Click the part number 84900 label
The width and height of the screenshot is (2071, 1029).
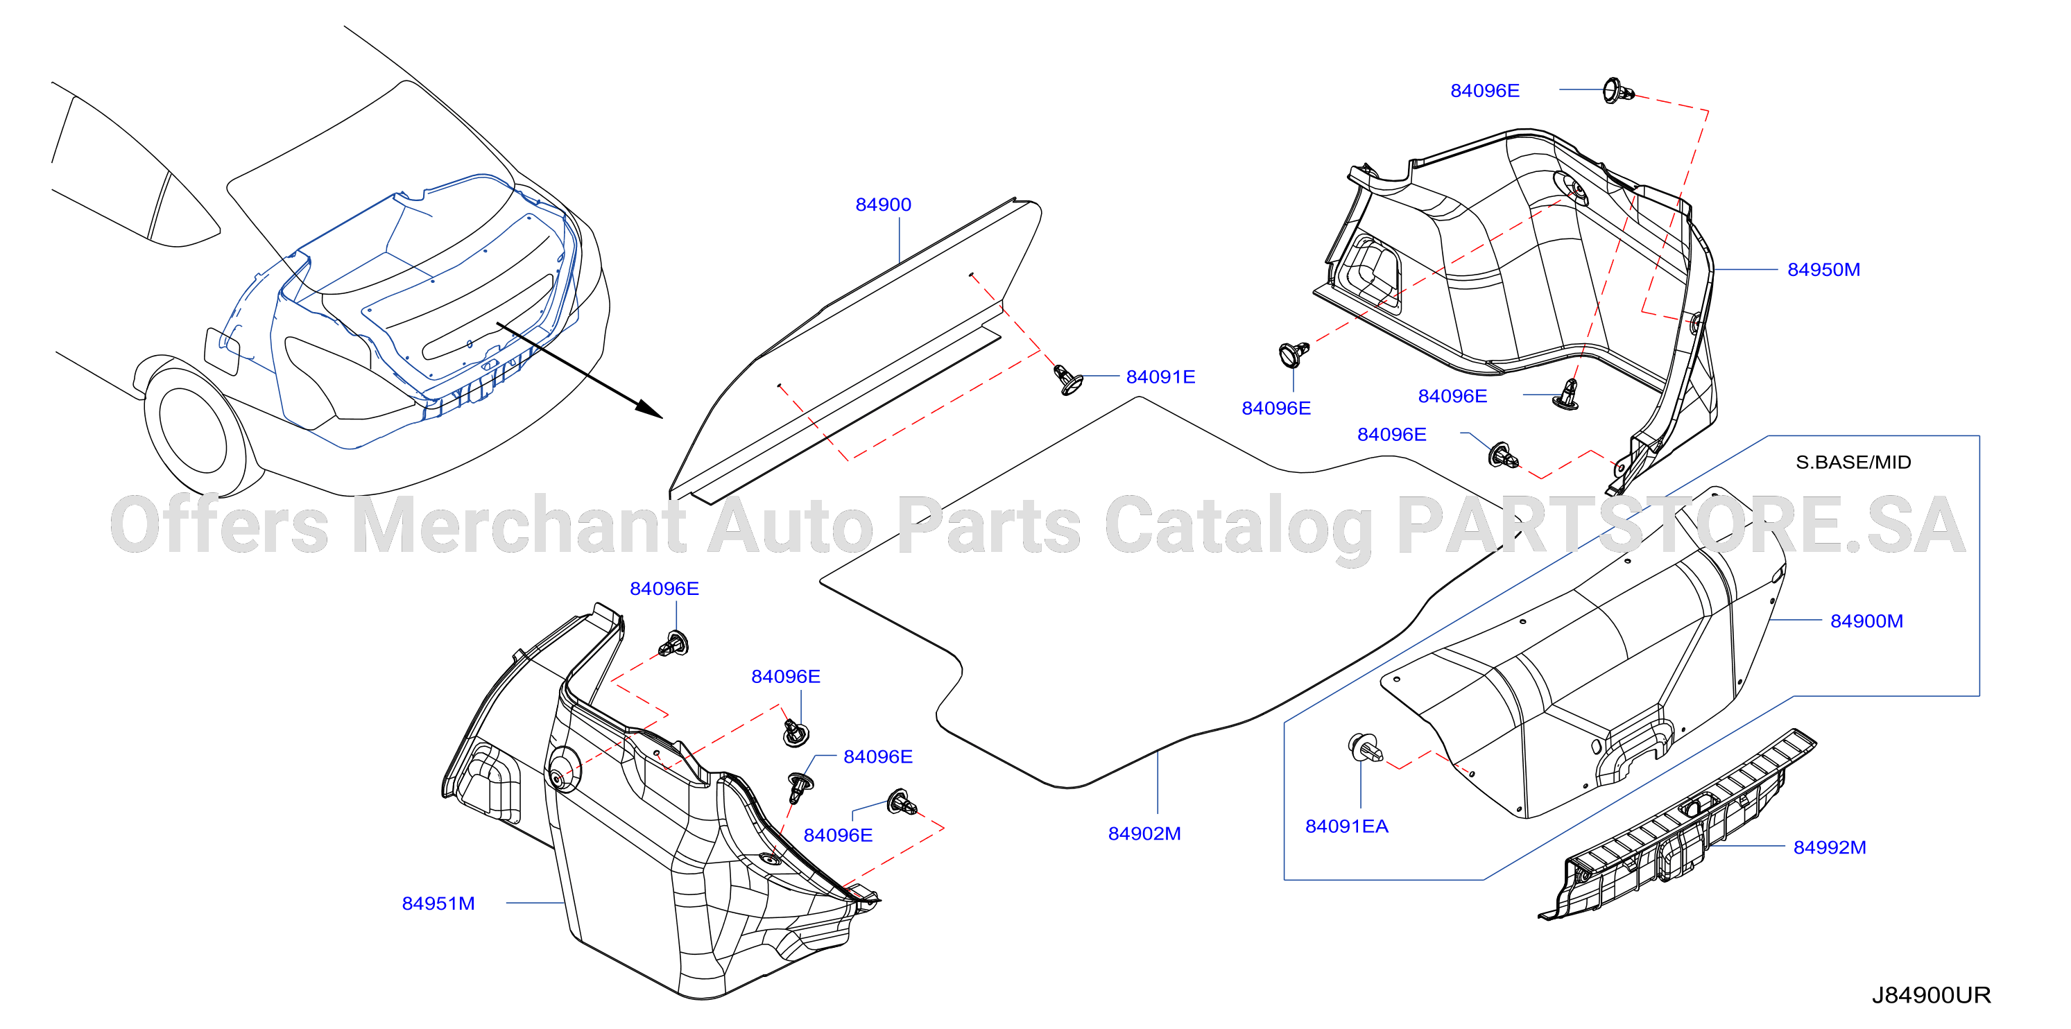pyautogui.click(x=883, y=205)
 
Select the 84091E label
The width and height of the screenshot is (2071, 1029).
pyautogui.click(x=1160, y=377)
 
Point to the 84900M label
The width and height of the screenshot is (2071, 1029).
pyautogui.click(x=1866, y=621)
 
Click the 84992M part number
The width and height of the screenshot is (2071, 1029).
pyautogui.click(x=1829, y=847)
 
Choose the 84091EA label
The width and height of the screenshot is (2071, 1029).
pyautogui.click(x=1347, y=827)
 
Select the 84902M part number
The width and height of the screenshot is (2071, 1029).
pyautogui.click(x=1144, y=833)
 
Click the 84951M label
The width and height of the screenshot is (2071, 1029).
pyautogui.click(x=438, y=903)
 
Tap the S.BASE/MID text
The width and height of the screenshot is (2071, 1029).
pyautogui.click(x=1853, y=462)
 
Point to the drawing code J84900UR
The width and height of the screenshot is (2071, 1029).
pyautogui.click(x=1931, y=995)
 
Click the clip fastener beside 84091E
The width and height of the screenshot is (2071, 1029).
pyautogui.click(x=1067, y=379)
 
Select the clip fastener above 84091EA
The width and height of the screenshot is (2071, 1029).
pyautogui.click(x=1364, y=748)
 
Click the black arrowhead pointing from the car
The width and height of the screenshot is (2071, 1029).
pyautogui.click(x=651, y=409)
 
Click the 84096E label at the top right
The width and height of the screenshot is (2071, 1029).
pyautogui.click(x=1485, y=91)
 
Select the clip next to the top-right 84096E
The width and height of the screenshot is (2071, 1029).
pyautogui.click(x=1617, y=92)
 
